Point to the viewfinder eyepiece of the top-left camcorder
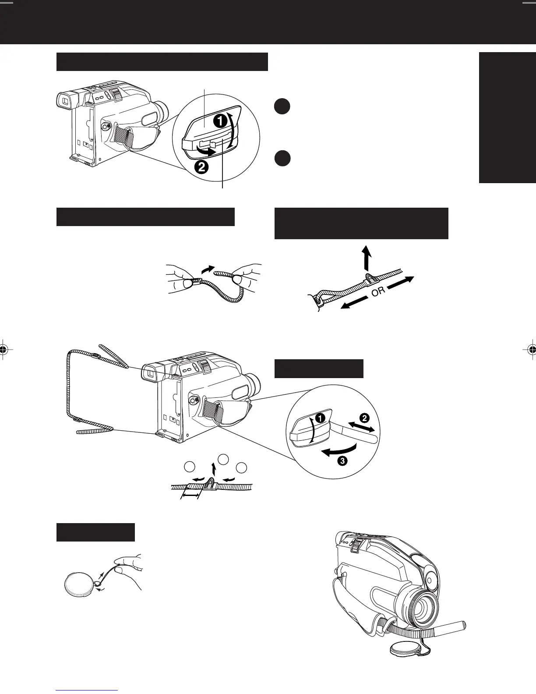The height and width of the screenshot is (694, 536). point(64,102)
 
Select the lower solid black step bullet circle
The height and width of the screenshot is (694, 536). point(282,158)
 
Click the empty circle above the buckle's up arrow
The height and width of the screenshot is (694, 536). point(223,459)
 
